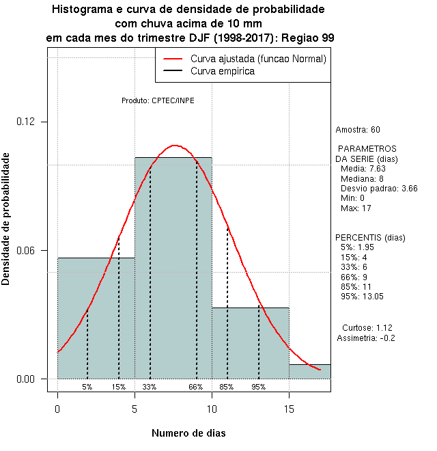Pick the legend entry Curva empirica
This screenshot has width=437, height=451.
click(x=223, y=71)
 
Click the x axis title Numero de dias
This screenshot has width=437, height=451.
click(x=188, y=433)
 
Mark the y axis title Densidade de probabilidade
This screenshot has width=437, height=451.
click(x=6, y=219)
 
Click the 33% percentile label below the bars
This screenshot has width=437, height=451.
click(x=150, y=387)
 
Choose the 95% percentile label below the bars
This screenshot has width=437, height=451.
click(x=258, y=387)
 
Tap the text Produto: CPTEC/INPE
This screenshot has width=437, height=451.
click(x=158, y=100)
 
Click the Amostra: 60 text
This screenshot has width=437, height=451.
click(x=358, y=129)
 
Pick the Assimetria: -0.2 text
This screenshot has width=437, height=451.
click(x=366, y=338)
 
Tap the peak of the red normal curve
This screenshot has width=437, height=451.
click(x=175, y=146)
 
